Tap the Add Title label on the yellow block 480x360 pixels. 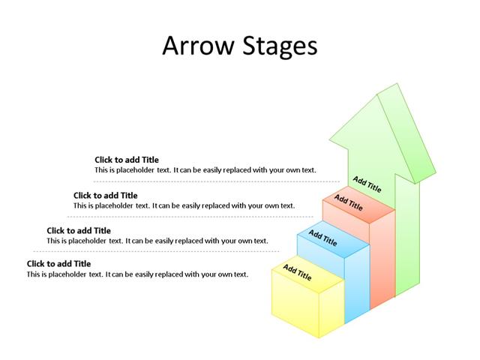pyautogui.click(x=297, y=272)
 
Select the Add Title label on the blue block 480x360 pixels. pyautogui.click(x=322, y=238)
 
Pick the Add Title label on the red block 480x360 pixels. pyautogui.click(x=348, y=203)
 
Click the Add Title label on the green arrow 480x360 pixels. pyautogui.click(x=367, y=184)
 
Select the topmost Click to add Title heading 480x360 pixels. pyautogui.click(x=127, y=160)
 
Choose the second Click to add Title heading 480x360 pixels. pyautogui.click(x=105, y=196)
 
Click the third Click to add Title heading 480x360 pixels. pyautogui.click(x=79, y=230)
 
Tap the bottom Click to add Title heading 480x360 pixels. pyautogui.click(x=58, y=263)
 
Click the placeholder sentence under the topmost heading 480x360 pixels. pyautogui.click(x=205, y=170)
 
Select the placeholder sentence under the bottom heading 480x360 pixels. pyautogui.click(x=137, y=274)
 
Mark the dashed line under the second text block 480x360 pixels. pyautogui.click(x=187, y=217)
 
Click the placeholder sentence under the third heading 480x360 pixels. pyautogui.click(x=157, y=241)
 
